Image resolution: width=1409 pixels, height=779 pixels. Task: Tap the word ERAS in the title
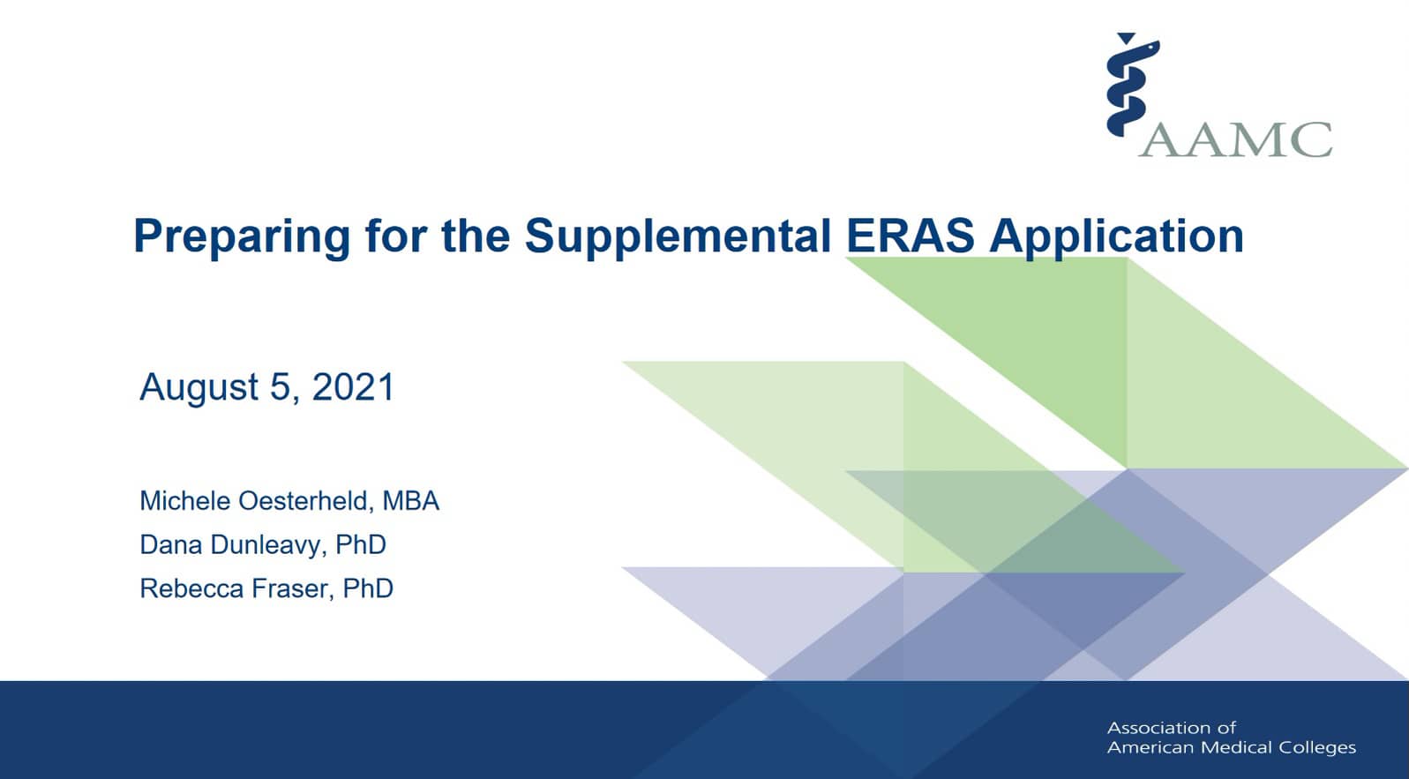[x=910, y=236]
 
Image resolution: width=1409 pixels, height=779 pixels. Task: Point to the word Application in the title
[x=1116, y=236]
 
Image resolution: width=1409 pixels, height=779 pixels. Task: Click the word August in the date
[x=199, y=387]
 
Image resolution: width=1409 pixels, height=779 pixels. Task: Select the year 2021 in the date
[x=353, y=387]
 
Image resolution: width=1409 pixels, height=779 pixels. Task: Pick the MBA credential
[x=410, y=501]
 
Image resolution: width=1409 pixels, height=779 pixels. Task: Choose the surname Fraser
[x=292, y=588]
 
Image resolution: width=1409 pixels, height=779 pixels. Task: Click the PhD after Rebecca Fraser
[x=368, y=588]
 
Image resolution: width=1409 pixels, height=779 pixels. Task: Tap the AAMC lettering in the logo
[x=1236, y=139]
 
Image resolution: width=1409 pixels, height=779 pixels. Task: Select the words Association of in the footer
[x=1171, y=728]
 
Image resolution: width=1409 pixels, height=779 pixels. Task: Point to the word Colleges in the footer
[x=1312, y=747]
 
